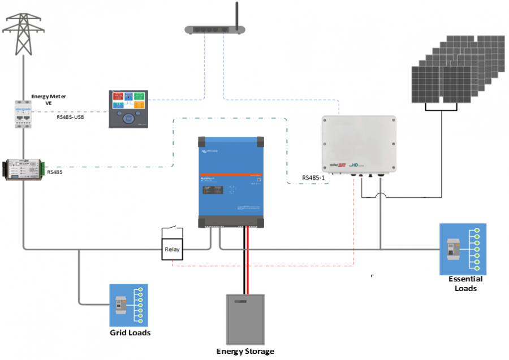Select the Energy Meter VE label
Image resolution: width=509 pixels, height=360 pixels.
point(49,99)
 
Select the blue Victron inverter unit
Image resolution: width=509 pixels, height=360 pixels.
point(231,181)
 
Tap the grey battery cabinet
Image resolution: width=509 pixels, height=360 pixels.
point(245,319)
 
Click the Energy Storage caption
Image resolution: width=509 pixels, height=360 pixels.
point(245,351)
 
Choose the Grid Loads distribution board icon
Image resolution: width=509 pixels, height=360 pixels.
point(128,305)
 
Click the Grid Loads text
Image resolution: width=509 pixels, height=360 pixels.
point(130,333)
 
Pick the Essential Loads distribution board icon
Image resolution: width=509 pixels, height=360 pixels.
point(463,249)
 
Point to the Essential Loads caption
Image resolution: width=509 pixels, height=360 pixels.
point(465,284)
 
